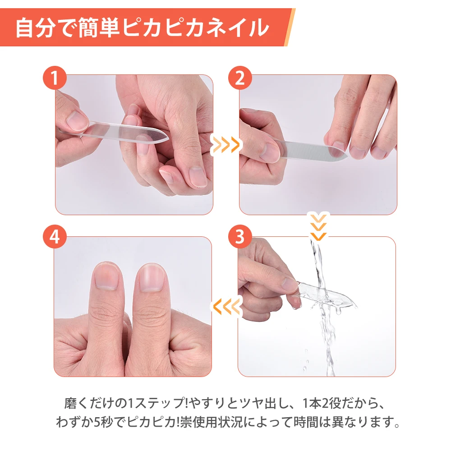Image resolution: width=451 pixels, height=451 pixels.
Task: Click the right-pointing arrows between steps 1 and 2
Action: [226, 145]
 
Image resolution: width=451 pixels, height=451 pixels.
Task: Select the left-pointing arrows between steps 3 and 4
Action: [226, 307]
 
